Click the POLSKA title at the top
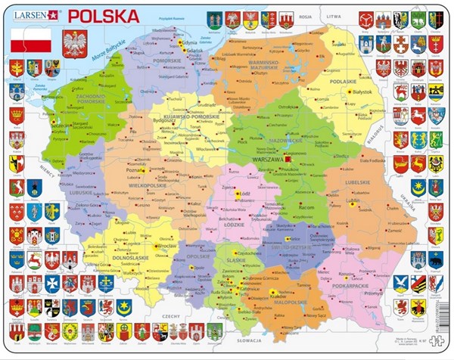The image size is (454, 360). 104,15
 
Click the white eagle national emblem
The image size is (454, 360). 75,42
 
